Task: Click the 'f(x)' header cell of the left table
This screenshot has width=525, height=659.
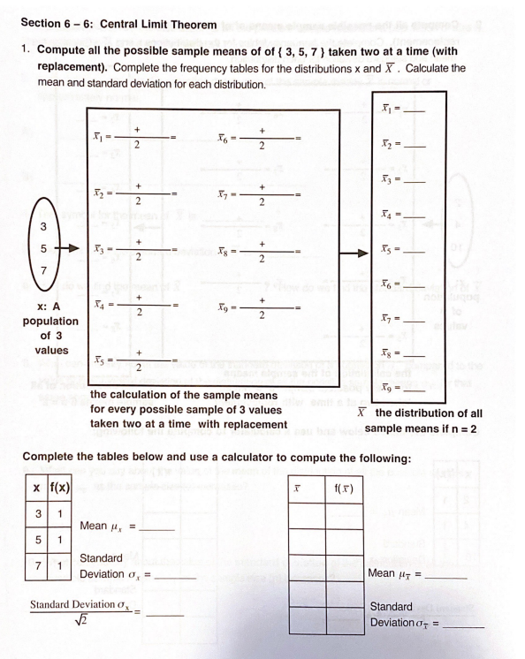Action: [52, 487]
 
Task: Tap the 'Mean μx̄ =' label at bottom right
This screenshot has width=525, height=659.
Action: [395, 576]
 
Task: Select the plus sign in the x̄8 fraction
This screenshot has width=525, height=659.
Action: [262, 236]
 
